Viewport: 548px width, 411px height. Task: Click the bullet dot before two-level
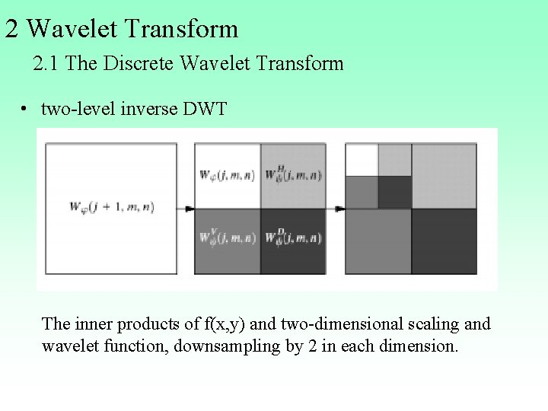tap(25, 110)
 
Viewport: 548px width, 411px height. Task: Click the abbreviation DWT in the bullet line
tap(205, 110)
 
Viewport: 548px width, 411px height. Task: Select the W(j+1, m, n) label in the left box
tap(111, 206)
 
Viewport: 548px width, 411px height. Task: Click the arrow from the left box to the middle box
tap(186, 208)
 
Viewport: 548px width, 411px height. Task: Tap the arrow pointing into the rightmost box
tap(338, 208)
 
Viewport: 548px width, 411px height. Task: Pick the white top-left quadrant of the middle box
tap(228, 175)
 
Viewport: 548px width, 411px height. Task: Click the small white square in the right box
tap(362, 159)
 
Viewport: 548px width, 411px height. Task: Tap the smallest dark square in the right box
tap(394, 192)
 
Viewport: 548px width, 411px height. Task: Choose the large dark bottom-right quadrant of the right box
tap(444, 241)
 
